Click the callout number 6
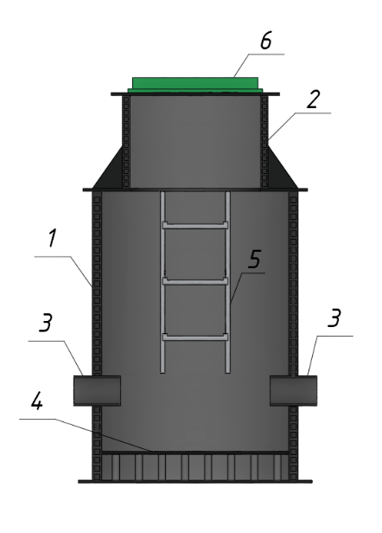coord(266,42)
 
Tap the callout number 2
coord(314,100)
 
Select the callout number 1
coord(52,238)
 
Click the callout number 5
coord(254,260)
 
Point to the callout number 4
coord(37,402)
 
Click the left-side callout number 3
coord(46,323)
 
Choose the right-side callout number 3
coord(334,318)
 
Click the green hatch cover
coord(195,84)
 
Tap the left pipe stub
coord(97,390)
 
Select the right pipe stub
coord(294,390)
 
